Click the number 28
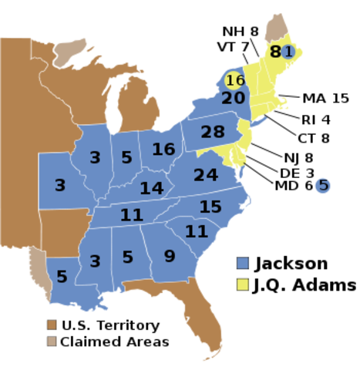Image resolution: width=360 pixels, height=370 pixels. [x=213, y=133]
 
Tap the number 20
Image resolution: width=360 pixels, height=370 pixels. [x=233, y=99]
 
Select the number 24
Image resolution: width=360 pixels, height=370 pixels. [x=206, y=176]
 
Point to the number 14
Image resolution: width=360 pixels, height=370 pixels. [x=152, y=188]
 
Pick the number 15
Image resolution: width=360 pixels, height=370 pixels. [x=210, y=207]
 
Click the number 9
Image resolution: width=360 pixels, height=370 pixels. [x=170, y=256]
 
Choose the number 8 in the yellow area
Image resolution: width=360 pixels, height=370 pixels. [x=275, y=52]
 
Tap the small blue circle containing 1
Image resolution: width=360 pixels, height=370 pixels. [x=288, y=52]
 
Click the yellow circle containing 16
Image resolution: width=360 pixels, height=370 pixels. [x=235, y=80]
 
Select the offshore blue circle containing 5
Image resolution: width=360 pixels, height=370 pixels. [x=323, y=185]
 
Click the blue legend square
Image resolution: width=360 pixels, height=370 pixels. [x=243, y=263]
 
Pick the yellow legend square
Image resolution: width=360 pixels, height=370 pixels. [x=243, y=284]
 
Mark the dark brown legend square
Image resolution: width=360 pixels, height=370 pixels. [x=52, y=325]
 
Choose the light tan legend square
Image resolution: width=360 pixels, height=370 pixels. [x=52, y=341]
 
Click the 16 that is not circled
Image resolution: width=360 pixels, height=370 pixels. [x=163, y=150]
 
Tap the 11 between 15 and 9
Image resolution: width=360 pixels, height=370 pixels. [x=197, y=231]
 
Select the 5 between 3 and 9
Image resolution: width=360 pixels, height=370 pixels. [x=128, y=257]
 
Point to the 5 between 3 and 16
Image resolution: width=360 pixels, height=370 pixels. [x=127, y=158]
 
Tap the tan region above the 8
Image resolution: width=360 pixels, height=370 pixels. [x=274, y=27]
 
